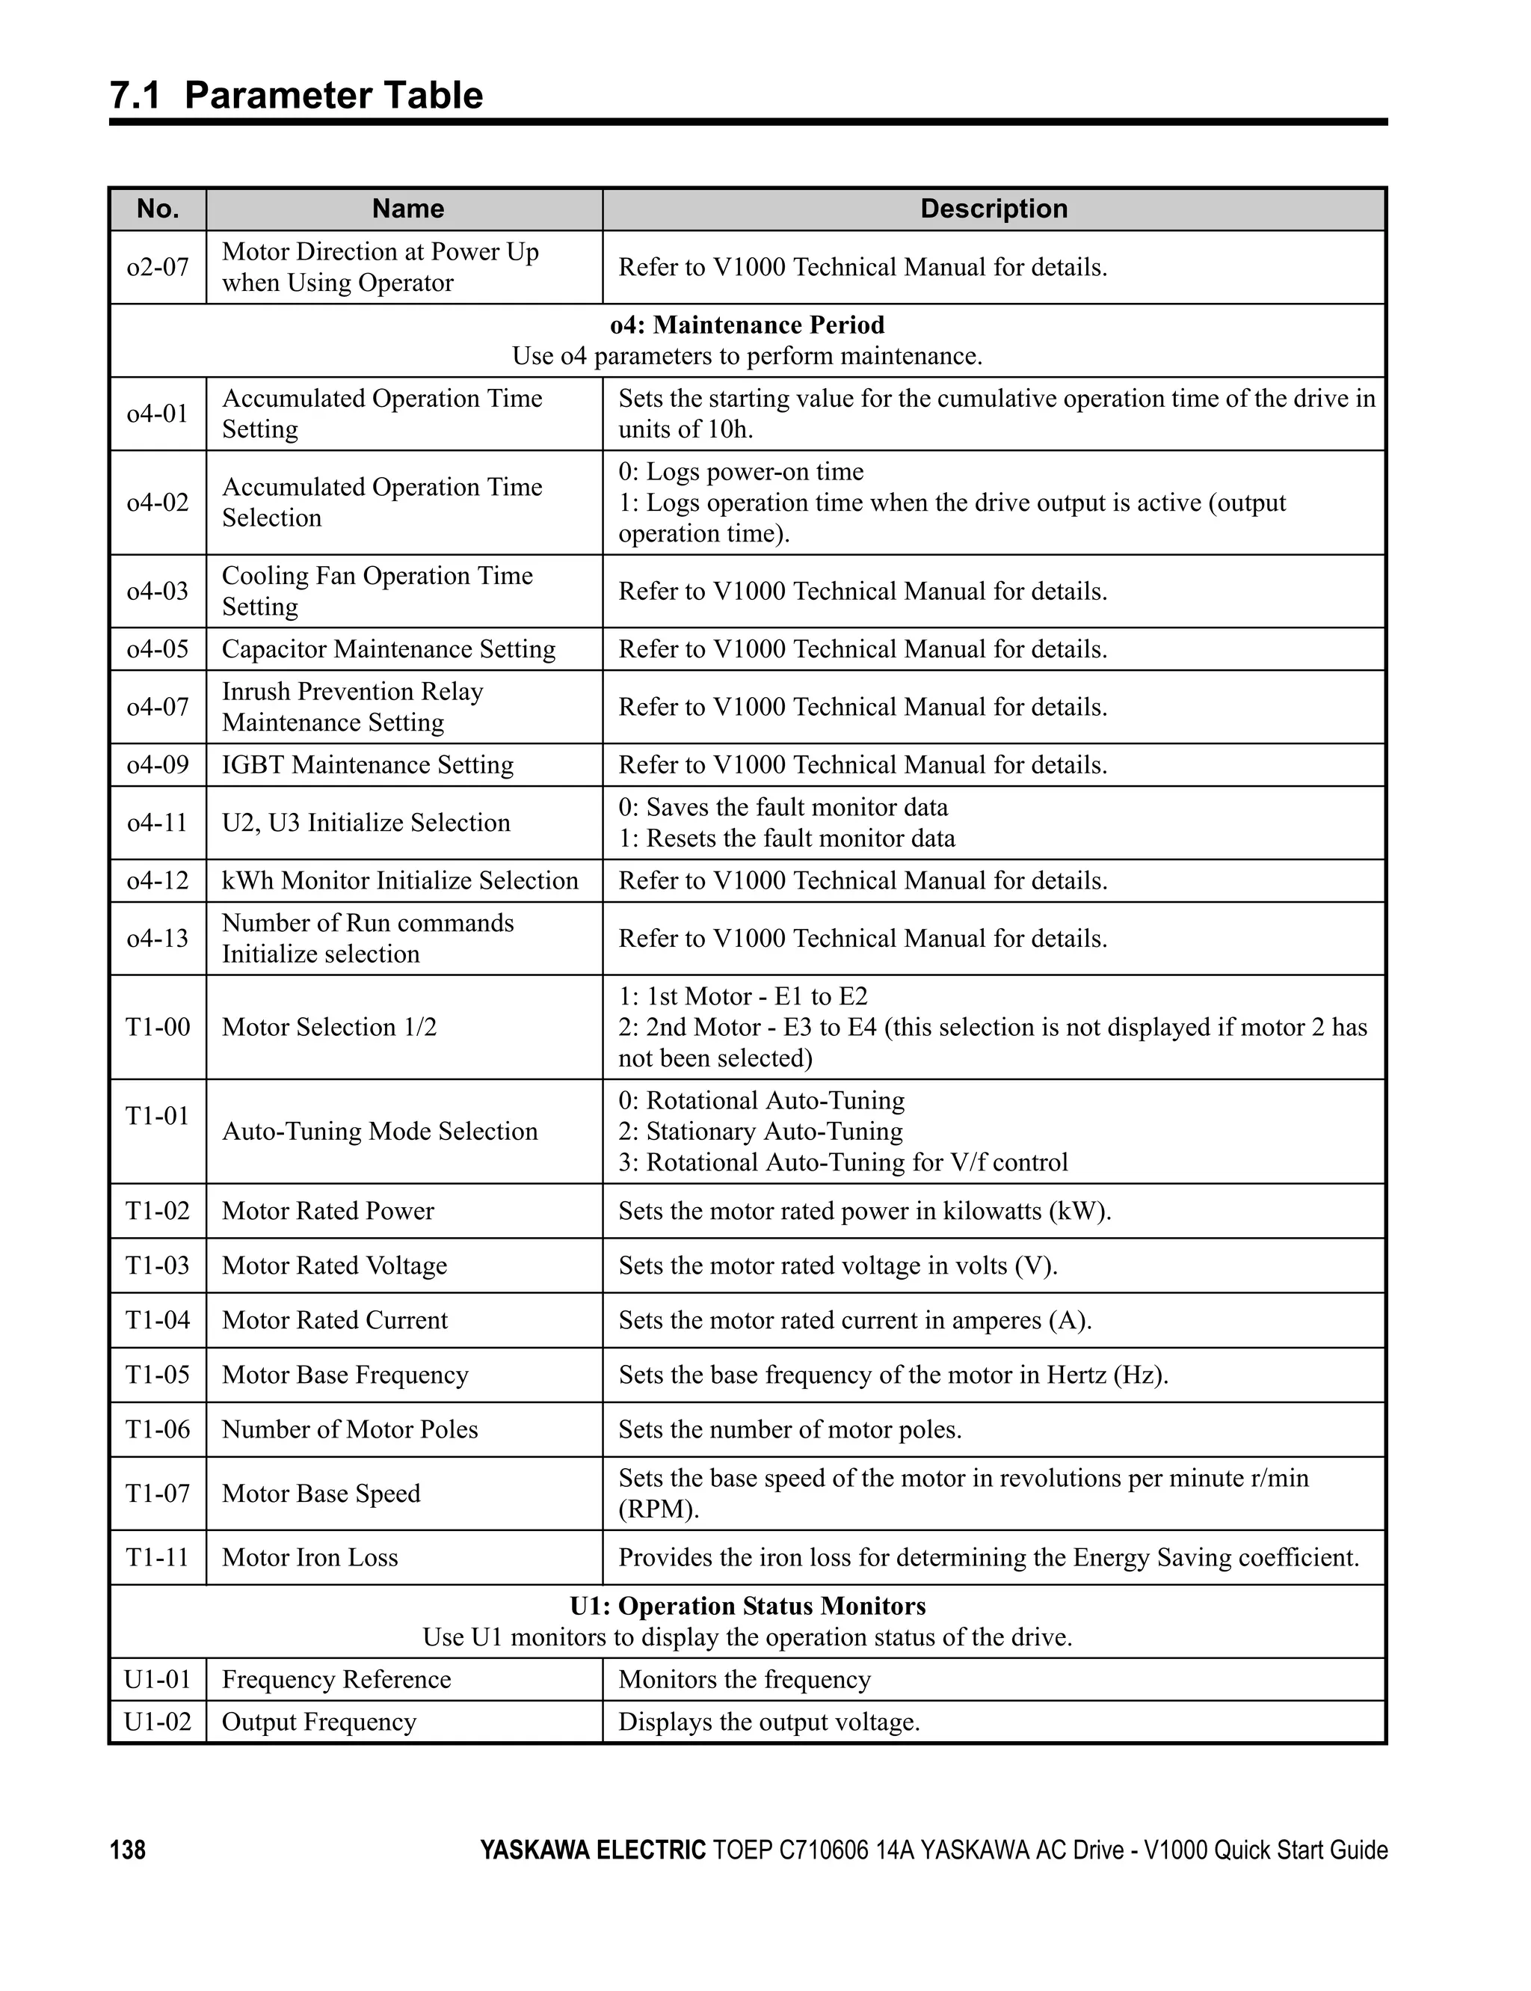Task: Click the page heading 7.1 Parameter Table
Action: point(296,96)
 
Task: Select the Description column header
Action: point(994,209)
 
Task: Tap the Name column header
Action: point(407,209)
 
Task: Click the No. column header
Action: point(158,209)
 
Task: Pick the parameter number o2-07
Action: point(158,267)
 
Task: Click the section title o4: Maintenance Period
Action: point(748,325)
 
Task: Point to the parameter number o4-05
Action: point(158,649)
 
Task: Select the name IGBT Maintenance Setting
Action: point(367,765)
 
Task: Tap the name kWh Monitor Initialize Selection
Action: point(400,880)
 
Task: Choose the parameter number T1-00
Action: point(158,1028)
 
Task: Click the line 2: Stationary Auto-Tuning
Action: point(760,1132)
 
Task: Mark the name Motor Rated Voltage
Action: point(334,1266)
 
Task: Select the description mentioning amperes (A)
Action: point(854,1320)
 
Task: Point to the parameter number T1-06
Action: point(158,1429)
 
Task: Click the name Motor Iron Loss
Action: point(309,1557)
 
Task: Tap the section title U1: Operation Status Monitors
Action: point(748,1607)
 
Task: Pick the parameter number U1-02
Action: point(158,1722)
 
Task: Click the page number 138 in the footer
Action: point(128,1850)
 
